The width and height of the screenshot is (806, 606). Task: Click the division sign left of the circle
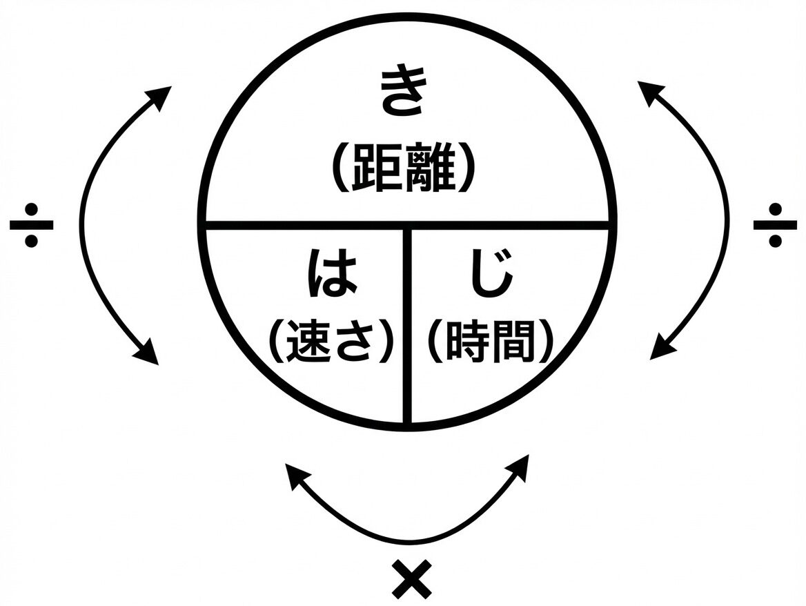31,224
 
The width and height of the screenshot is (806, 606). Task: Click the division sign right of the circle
774,224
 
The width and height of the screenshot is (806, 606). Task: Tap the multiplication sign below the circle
411,580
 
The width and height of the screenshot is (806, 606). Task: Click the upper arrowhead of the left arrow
163,96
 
